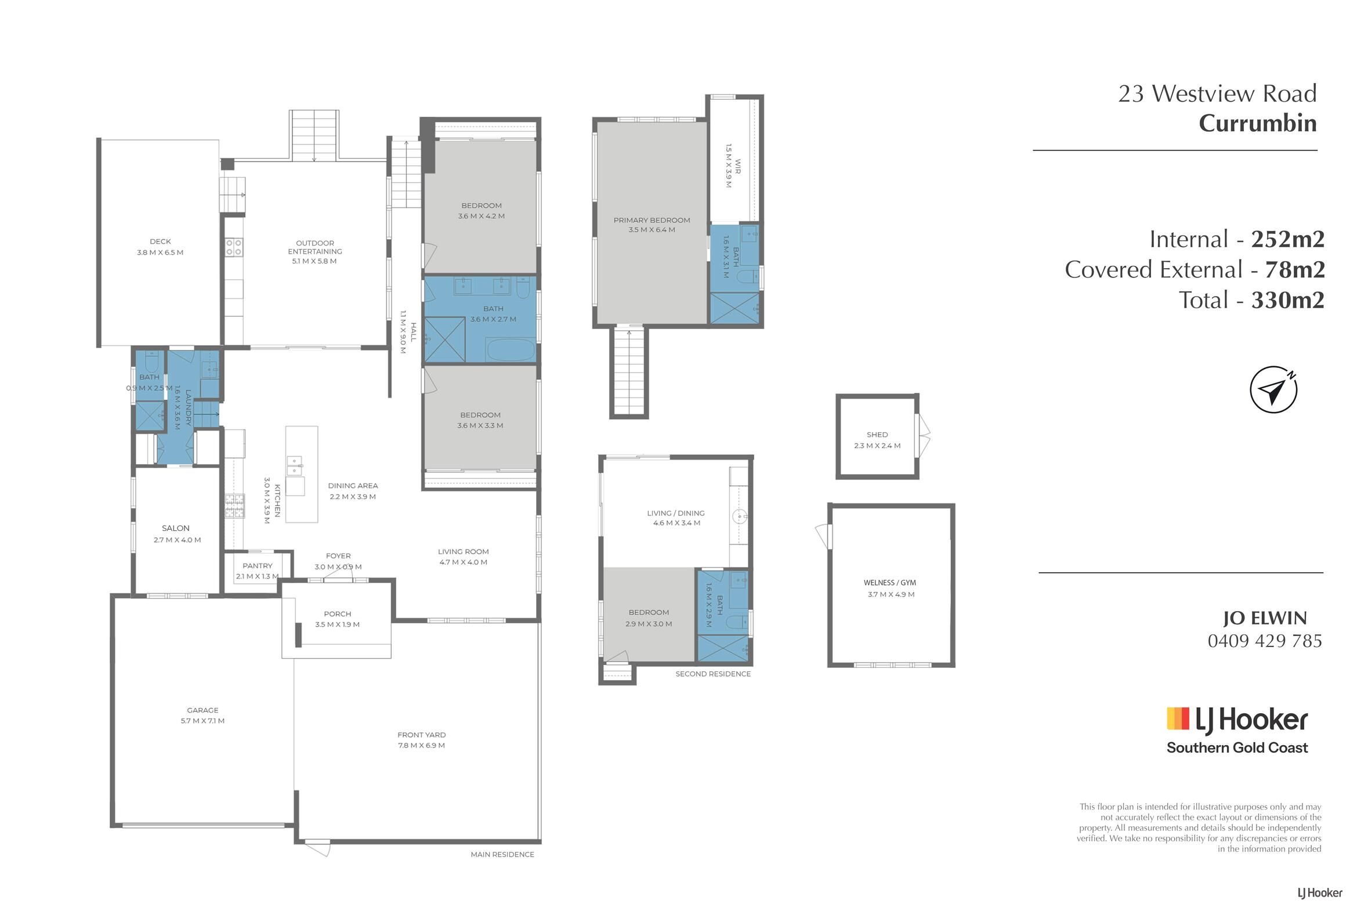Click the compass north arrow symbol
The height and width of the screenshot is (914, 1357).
1273,390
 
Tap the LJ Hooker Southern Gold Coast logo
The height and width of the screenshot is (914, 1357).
1237,731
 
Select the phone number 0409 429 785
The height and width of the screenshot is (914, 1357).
1265,641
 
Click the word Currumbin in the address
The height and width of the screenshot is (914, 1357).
1257,124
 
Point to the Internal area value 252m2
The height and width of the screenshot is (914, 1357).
1287,240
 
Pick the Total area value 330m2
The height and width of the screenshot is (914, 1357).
1287,300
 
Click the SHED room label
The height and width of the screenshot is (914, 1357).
877,435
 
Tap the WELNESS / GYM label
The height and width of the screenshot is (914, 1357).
890,583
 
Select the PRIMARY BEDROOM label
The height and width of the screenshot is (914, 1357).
652,221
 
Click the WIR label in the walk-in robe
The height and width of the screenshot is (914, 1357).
737,166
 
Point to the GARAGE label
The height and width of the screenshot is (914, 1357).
202,710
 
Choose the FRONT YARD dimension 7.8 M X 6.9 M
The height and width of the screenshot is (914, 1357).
421,746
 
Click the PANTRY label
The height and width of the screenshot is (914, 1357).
258,566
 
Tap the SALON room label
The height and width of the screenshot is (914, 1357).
175,529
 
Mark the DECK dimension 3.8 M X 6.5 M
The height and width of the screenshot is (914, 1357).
160,252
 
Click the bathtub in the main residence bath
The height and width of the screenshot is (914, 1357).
511,351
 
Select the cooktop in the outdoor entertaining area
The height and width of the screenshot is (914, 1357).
234,247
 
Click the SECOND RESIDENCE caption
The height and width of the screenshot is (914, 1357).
712,674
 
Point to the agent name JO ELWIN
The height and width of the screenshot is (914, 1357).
1264,618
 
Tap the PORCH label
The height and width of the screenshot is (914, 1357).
337,614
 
